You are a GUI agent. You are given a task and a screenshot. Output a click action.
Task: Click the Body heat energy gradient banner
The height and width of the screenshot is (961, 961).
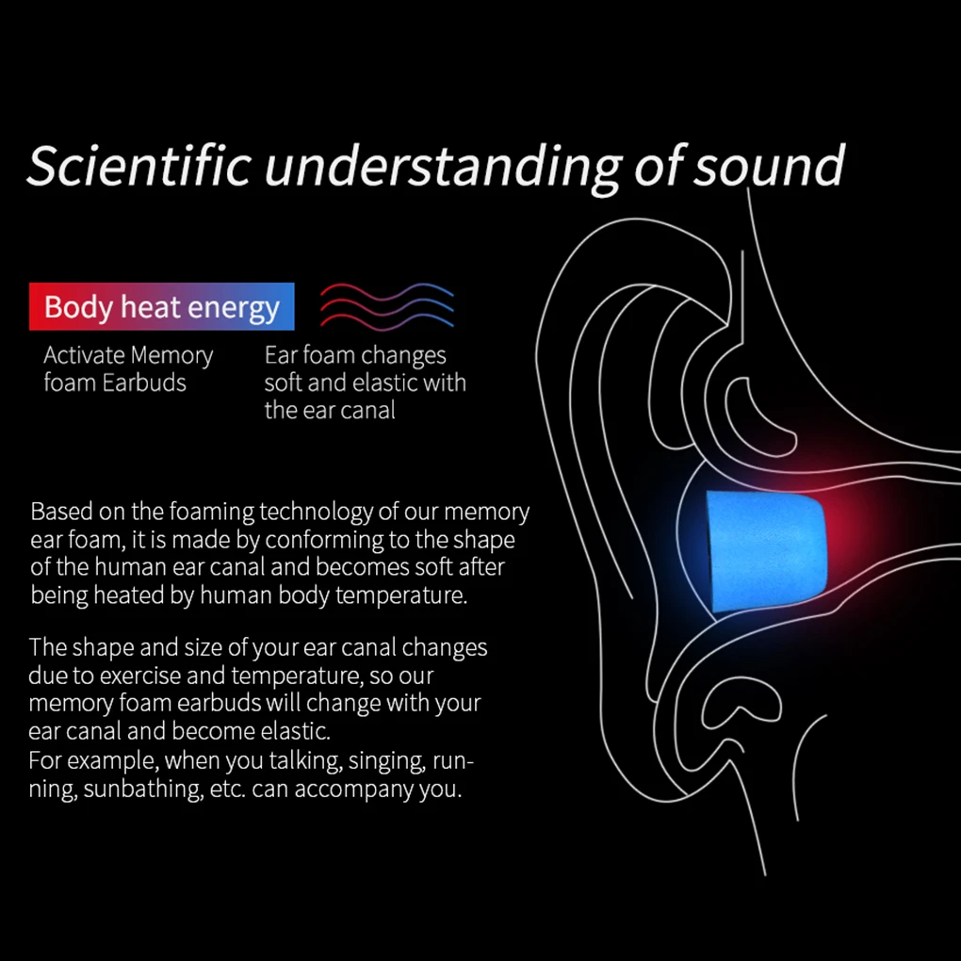click(162, 307)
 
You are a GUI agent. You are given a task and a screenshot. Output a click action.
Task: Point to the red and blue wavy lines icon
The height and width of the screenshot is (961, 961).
click(387, 305)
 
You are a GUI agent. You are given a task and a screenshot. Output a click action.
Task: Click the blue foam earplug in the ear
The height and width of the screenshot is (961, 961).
click(764, 551)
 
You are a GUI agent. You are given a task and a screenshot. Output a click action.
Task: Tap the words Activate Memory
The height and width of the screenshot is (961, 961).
click(128, 356)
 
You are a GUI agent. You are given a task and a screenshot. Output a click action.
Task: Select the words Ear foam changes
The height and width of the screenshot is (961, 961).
click(355, 356)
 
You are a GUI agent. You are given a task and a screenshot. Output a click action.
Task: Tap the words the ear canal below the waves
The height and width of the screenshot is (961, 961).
click(330, 411)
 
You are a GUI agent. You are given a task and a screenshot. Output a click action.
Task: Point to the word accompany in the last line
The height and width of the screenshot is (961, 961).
click(353, 790)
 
